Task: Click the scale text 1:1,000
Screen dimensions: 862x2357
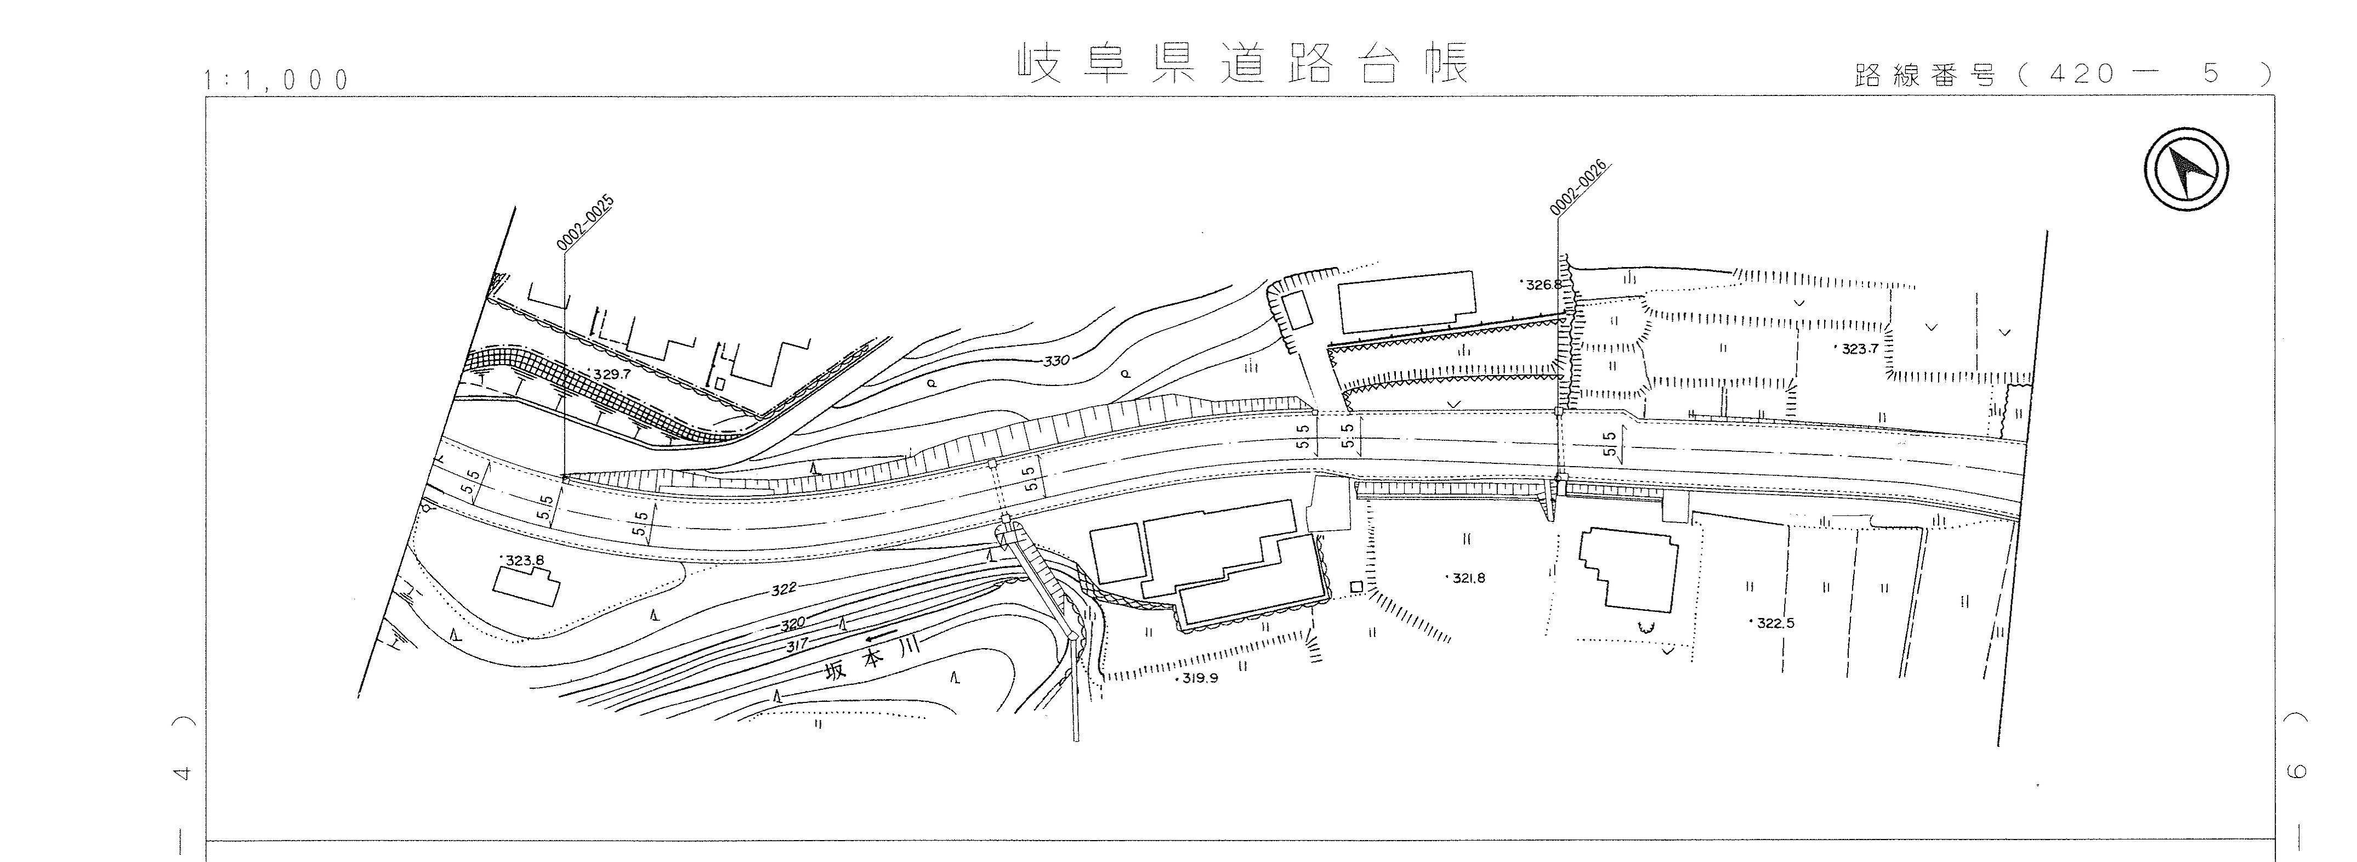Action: (x=278, y=81)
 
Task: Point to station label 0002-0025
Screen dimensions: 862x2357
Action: (x=584, y=223)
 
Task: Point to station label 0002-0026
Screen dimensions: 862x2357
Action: (x=1579, y=188)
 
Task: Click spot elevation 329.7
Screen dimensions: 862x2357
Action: (x=611, y=375)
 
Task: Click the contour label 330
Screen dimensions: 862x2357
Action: (x=1056, y=361)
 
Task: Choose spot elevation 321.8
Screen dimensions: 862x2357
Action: (x=1468, y=579)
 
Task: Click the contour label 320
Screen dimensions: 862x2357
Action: (x=792, y=624)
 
